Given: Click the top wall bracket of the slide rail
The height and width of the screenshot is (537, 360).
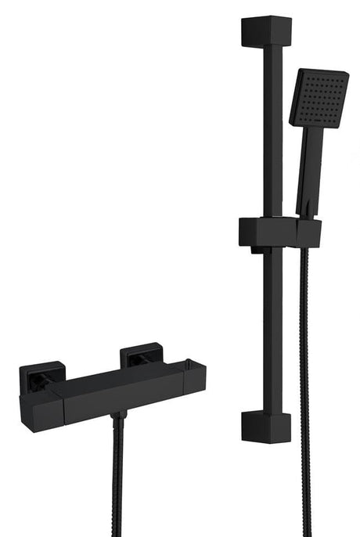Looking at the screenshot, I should [266, 31].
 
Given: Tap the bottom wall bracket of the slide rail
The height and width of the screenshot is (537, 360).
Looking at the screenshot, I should [266, 427].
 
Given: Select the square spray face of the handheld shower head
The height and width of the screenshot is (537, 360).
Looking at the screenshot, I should [319, 98].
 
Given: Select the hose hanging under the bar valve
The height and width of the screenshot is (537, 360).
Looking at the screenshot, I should [117, 478].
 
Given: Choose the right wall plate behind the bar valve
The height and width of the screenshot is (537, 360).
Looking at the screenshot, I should [141, 356].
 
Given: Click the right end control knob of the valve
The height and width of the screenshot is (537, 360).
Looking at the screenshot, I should [194, 380].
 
